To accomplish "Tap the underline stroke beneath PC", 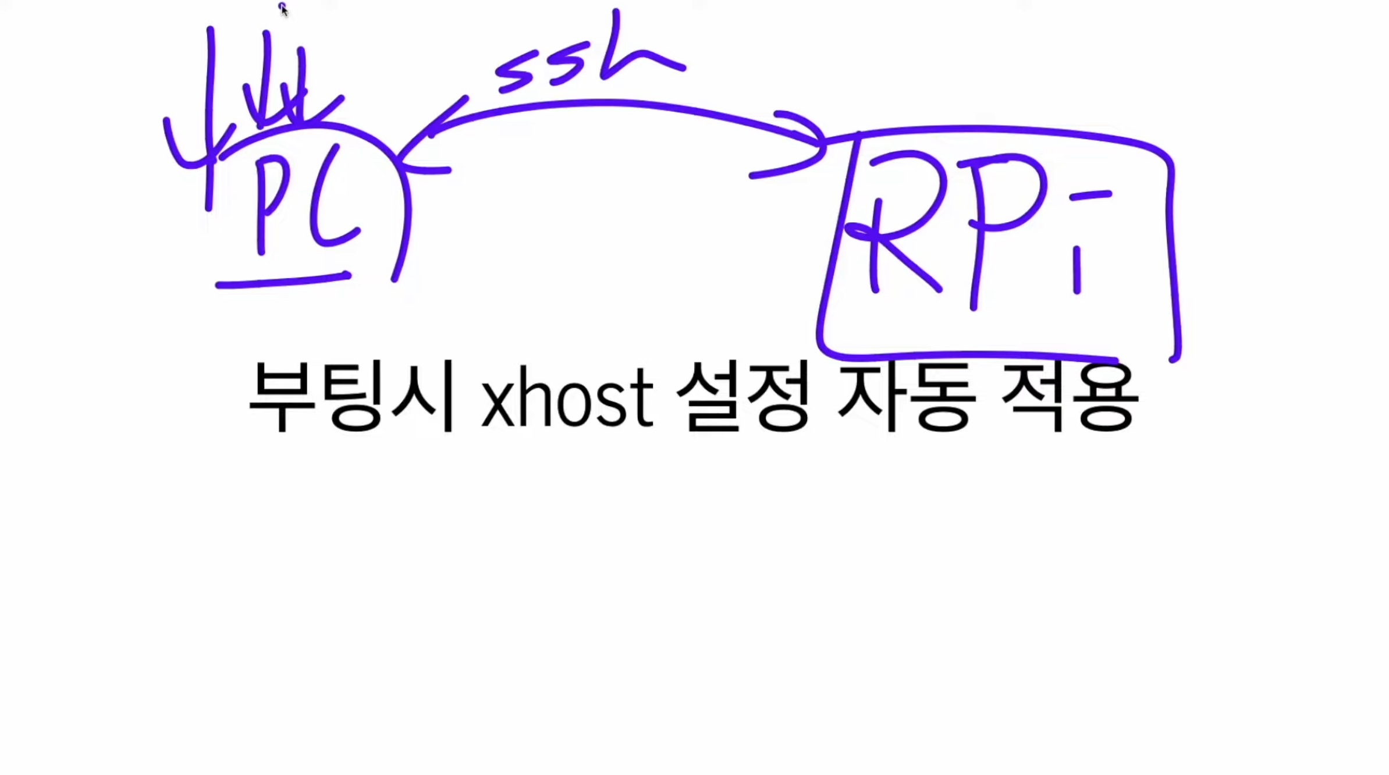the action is click(283, 280).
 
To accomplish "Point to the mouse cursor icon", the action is click(283, 9).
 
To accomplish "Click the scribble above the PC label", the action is click(256, 99).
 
